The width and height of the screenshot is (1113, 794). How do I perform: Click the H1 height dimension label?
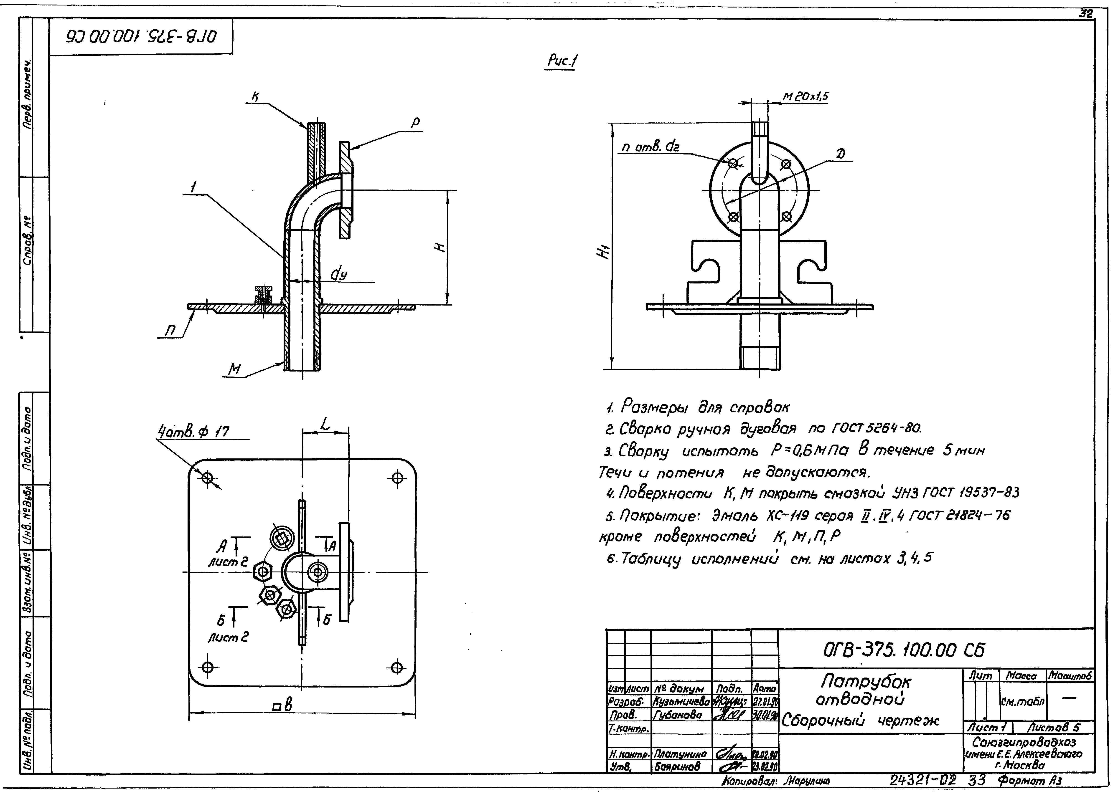click(x=605, y=253)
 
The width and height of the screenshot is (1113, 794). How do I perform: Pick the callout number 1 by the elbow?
click(x=194, y=186)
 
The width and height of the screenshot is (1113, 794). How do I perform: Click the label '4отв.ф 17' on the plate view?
click(x=193, y=431)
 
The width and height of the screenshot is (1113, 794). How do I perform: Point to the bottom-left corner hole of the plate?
click(x=207, y=667)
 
